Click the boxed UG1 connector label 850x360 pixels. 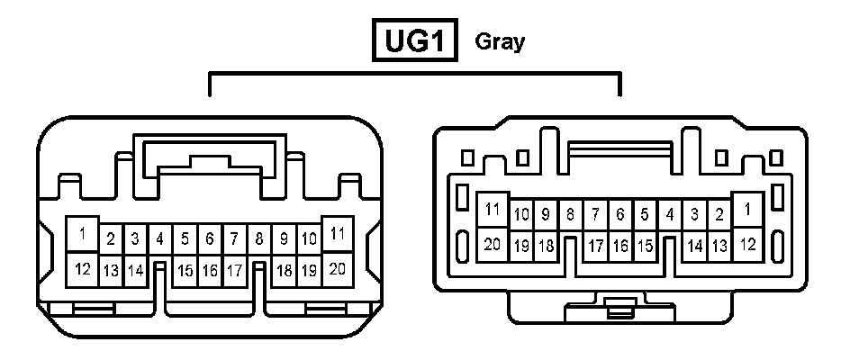416,41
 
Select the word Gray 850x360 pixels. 499,41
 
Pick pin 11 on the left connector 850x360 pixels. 338,233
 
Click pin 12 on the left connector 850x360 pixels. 83,268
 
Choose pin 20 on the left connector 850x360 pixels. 338,267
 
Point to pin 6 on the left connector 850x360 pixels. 209,239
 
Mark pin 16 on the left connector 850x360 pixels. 209,270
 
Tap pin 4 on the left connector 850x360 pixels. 159,239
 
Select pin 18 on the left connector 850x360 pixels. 284,270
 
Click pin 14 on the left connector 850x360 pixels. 135,270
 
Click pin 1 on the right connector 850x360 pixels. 747,210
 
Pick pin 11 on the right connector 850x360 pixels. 492,210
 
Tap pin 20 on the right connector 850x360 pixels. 492,244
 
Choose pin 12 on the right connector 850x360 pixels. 747,244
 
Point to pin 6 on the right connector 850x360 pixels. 619,215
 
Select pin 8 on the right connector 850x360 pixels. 570,215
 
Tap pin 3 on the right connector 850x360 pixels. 695,215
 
